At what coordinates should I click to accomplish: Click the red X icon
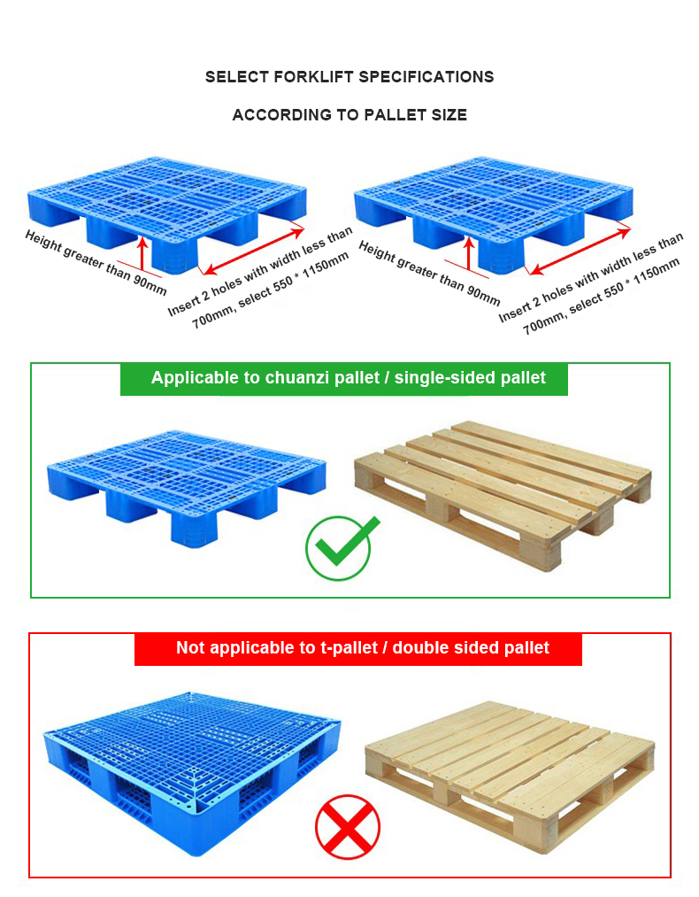348,827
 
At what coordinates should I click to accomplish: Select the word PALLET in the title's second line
396,115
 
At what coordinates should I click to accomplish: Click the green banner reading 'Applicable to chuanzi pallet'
344,379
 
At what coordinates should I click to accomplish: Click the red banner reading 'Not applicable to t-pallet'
358,649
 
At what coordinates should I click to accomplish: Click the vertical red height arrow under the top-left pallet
142,253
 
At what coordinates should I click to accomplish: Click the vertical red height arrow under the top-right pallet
469,253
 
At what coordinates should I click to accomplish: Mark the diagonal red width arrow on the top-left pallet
254,251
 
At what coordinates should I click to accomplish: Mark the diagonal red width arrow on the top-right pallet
580,250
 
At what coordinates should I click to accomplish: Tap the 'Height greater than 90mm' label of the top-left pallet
96,262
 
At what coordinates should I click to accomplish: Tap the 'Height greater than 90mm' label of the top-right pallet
429,273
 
